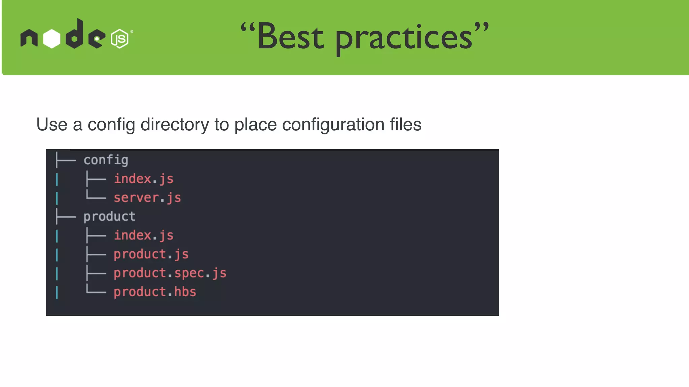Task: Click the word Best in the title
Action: coord(290,37)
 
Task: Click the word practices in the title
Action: coord(404,39)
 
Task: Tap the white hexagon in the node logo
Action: coord(52,39)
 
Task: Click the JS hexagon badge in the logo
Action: coord(119,39)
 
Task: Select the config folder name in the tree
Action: coord(106,160)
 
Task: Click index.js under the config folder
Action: coord(144,179)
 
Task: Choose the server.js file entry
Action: coord(147,198)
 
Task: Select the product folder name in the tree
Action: coord(109,217)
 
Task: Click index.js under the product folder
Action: coord(144,235)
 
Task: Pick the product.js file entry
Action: coord(151,254)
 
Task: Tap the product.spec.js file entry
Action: coord(170,273)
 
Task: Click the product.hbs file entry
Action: coord(155,292)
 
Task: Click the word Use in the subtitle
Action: coord(52,125)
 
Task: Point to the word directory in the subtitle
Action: coord(175,125)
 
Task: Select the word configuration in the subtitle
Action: coord(333,125)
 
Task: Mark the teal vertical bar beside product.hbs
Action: coord(57,292)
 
